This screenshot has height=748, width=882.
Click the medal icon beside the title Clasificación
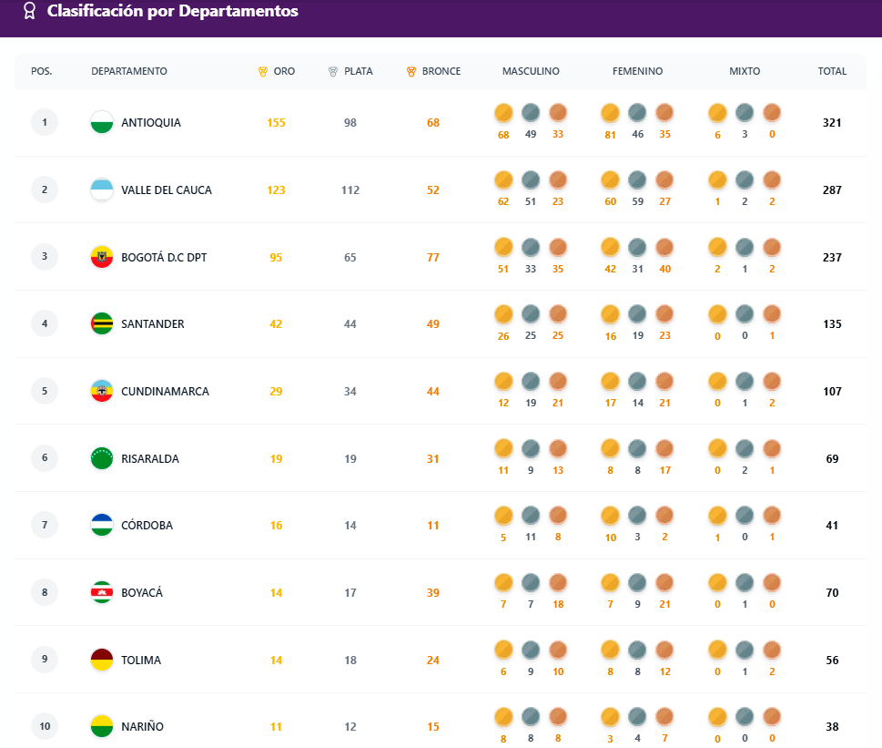[29, 11]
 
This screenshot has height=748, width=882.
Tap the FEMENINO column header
[637, 71]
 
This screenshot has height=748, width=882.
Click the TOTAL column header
[832, 71]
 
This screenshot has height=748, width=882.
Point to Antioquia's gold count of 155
[277, 123]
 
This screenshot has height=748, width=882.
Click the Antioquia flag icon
[102, 123]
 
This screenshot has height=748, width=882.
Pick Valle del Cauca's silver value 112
[350, 190]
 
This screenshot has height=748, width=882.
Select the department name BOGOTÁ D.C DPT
[164, 258]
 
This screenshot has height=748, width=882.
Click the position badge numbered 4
[45, 323]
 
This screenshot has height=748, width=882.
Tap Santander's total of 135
[832, 324]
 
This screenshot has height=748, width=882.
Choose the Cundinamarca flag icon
[102, 392]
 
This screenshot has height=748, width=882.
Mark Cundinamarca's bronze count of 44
[433, 392]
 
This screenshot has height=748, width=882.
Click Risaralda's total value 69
[832, 459]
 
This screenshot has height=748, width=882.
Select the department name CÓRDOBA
[147, 526]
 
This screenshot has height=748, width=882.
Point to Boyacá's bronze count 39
[433, 593]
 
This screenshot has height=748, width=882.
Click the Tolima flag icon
[102, 661]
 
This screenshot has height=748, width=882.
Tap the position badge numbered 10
[45, 726]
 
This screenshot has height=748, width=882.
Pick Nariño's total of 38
[832, 727]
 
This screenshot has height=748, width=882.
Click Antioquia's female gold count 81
[610, 136]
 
